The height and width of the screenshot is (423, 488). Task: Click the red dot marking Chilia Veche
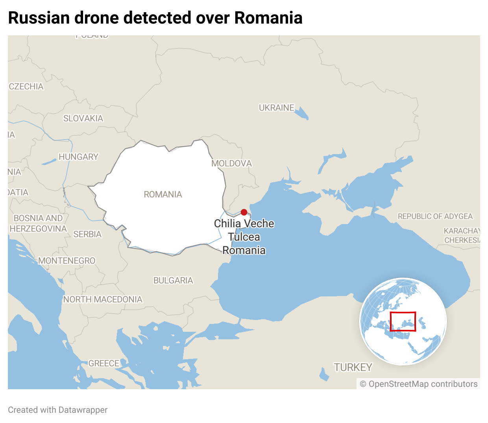244,212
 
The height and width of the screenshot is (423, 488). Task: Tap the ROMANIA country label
163,194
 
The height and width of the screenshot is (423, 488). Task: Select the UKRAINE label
277,107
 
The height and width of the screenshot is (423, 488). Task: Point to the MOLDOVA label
231,163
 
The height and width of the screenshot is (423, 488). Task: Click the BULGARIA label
173,280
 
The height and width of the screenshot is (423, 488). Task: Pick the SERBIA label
87,234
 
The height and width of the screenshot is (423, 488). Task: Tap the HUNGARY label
78,157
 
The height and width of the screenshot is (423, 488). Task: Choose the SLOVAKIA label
83,118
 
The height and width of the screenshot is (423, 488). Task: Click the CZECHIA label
26,86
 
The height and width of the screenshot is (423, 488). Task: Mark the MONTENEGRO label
67,261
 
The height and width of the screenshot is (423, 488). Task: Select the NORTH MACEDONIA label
103,300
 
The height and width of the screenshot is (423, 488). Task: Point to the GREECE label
104,363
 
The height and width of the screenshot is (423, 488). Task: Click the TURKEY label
353,367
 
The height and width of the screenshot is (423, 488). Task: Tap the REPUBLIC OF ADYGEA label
435,216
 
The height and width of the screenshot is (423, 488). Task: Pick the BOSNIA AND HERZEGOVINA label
38,223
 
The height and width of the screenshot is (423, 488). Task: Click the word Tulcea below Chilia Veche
244,237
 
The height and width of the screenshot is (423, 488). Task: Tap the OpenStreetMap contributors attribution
419,384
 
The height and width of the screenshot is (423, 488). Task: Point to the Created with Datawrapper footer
57,410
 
